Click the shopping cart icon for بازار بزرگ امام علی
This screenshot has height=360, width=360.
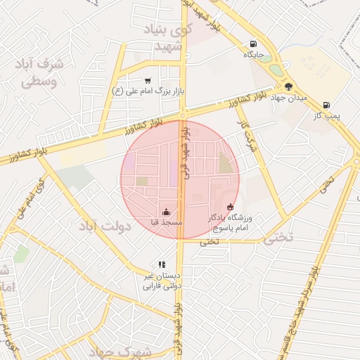(147, 81)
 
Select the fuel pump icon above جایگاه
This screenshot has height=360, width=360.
(254, 44)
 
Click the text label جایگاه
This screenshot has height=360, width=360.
(253, 54)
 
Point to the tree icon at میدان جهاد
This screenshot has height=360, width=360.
(288, 87)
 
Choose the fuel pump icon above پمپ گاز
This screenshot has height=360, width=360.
(326, 105)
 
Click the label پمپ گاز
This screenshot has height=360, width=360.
(326, 116)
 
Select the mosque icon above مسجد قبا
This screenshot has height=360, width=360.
(166, 212)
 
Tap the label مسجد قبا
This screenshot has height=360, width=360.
(166, 222)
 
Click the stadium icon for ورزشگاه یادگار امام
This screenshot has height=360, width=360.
(230, 207)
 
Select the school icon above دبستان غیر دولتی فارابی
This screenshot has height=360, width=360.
(162, 265)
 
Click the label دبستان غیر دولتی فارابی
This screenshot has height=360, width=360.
(162, 281)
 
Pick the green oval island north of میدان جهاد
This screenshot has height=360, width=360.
(276, 70)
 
